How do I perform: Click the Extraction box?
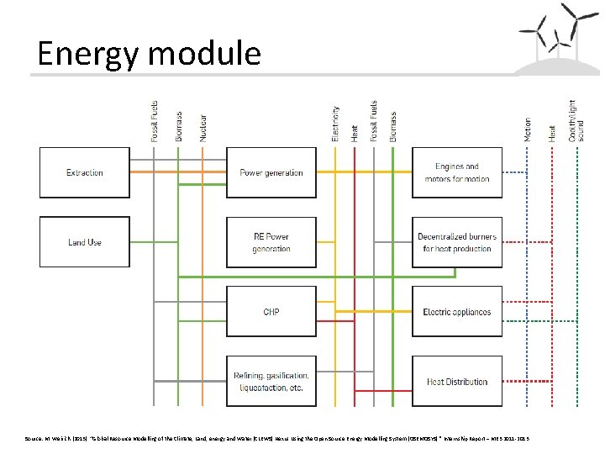[85, 173]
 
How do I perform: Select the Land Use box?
[85, 242]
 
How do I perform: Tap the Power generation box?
[271, 173]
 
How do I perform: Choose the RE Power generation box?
[271, 242]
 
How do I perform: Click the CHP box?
[271, 312]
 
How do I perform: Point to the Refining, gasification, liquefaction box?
[271, 381]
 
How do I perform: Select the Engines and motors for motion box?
[457, 173]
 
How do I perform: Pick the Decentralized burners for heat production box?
[457, 242]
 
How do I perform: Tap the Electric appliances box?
[457, 312]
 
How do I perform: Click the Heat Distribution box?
[457, 381]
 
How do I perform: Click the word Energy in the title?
[88, 54]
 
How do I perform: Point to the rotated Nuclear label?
[203, 126]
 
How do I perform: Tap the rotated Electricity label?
[336, 123]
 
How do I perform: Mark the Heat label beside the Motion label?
[552, 132]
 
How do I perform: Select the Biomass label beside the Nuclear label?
[178, 126]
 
